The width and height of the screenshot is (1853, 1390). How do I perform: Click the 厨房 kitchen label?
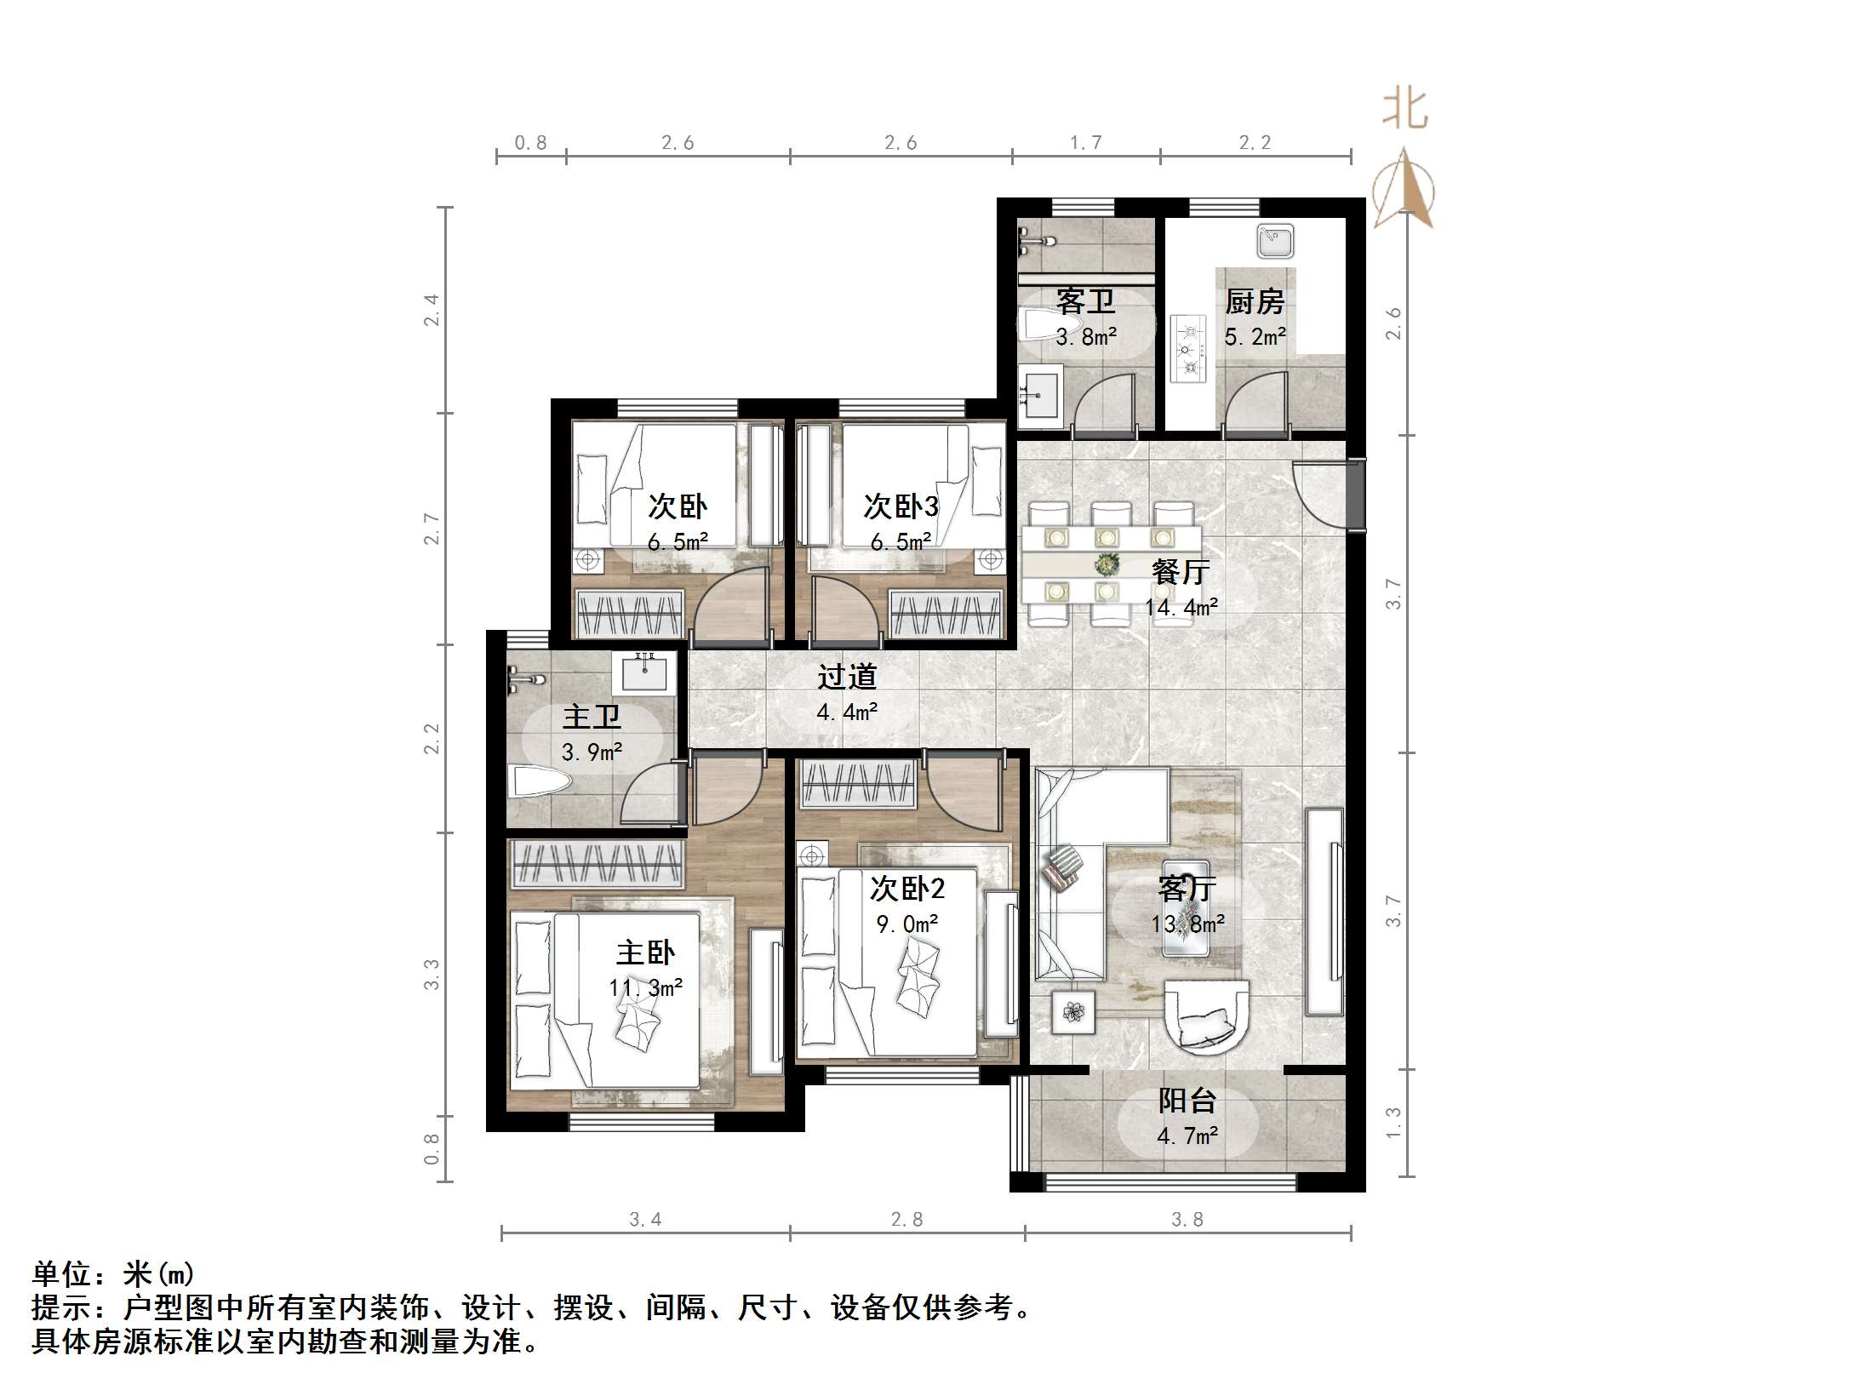(1254, 301)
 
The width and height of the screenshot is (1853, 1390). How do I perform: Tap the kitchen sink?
(1275, 241)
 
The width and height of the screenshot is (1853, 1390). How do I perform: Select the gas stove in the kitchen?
(1189, 347)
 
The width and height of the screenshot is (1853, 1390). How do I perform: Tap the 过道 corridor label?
(847, 677)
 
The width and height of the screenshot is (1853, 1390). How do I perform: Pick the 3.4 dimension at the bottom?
(645, 1220)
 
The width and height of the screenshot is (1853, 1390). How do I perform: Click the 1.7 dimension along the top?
(1085, 143)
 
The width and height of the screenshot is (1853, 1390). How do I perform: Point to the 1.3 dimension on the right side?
(1393, 1122)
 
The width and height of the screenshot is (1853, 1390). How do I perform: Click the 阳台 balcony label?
(1187, 1101)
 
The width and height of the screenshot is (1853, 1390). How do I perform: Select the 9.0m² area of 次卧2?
(907, 924)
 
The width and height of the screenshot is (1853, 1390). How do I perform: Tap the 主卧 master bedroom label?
(645, 952)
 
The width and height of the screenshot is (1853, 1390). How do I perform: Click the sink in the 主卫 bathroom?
(644, 672)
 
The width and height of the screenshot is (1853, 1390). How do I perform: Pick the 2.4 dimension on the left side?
(432, 310)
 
